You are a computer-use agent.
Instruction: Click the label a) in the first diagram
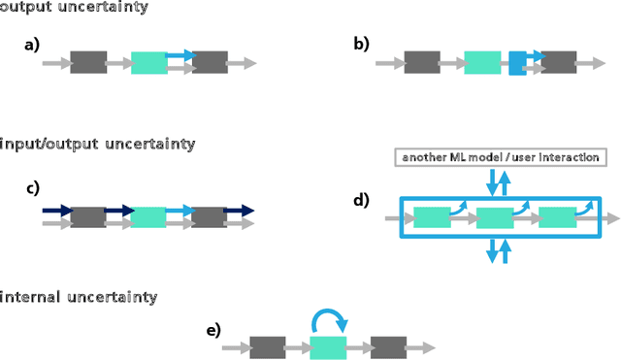click(32, 46)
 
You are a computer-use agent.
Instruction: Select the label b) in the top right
click(361, 46)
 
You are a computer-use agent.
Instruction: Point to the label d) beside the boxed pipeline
click(362, 201)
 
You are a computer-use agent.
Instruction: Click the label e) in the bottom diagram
click(213, 330)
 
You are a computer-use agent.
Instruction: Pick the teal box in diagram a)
click(148, 63)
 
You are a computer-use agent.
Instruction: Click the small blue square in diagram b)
click(517, 63)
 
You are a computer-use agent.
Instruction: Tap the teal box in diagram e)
click(328, 348)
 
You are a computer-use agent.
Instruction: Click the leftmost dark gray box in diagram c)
click(88, 216)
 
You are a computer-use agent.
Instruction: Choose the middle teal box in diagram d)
click(494, 218)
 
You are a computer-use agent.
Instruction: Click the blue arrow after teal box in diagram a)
click(180, 56)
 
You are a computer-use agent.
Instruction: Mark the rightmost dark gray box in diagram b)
click(557, 63)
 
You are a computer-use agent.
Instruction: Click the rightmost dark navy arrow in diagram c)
click(239, 210)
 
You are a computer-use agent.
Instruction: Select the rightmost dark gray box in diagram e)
click(388, 348)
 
